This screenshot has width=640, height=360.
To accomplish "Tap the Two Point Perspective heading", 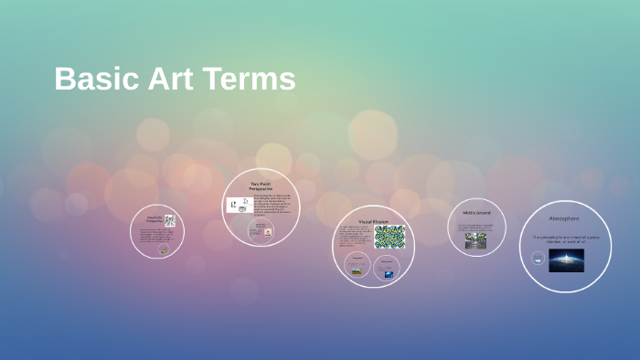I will click(261, 186).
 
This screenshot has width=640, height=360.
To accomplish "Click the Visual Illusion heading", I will click(373, 222).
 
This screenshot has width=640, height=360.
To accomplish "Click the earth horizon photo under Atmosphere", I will click(566, 259).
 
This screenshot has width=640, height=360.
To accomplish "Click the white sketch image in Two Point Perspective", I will click(240, 206).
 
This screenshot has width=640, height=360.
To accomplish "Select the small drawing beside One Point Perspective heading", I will click(170, 220).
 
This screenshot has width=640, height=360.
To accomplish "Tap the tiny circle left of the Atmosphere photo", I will click(538, 259).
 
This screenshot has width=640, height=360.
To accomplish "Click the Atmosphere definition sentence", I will click(564, 238).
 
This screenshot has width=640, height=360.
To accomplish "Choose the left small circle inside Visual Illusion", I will click(357, 267).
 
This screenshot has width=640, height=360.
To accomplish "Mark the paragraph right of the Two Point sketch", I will click(273, 206).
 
